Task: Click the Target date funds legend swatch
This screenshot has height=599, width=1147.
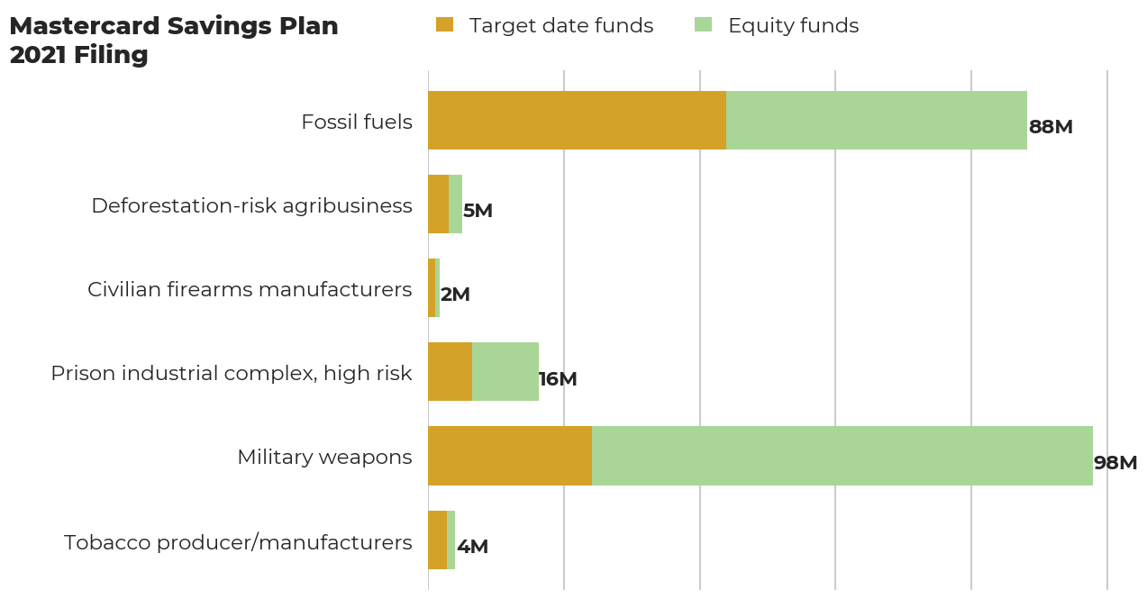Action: pyautogui.click(x=444, y=25)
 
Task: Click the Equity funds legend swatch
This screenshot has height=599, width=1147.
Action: pyautogui.click(x=703, y=25)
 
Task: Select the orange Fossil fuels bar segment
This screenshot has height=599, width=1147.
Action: pyautogui.click(x=577, y=120)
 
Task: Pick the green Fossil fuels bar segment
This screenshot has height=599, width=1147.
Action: pyautogui.click(x=876, y=120)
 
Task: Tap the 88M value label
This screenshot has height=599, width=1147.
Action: pyautogui.click(x=1051, y=127)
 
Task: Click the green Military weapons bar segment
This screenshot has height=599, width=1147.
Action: pyautogui.click(x=842, y=456)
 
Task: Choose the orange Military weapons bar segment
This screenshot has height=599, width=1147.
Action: pyautogui.click(x=509, y=456)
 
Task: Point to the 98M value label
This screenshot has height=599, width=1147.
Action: pyautogui.click(x=1115, y=463)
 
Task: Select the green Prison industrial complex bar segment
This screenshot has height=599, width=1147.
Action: pyautogui.click(x=505, y=371)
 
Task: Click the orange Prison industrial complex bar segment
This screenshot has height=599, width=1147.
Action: pyautogui.click(x=450, y=371)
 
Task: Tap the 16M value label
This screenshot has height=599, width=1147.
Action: pyautogui.click(x=558, y=379)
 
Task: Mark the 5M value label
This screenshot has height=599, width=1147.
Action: pyautogui.click(x=478, y=211)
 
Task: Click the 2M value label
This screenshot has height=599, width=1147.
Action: pyautogui.click(x=455, y=295)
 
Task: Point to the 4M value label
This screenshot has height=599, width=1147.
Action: pyautogui.click(x=472, y=547)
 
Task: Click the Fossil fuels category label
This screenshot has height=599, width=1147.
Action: pyautogui.click(x=357, y=122)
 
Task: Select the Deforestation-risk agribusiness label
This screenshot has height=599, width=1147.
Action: pyautogui.click(x=251, y=205)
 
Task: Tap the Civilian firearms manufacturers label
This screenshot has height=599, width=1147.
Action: pyautogui.click(x=250, y=289)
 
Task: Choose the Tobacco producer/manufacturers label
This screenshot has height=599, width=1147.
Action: pyautogui.click(x=238, y=542)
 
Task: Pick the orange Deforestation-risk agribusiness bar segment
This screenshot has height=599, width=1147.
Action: pyautogui.click(x=438, y=204)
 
